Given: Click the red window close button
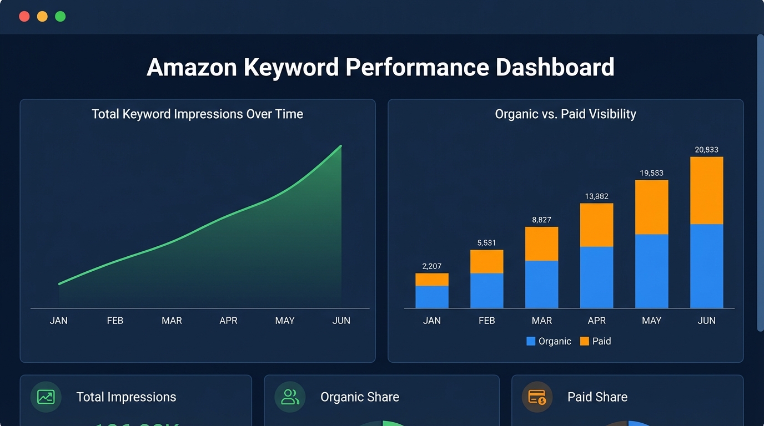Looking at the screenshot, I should tap(24, 17).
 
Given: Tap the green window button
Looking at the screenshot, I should tap(60, 17).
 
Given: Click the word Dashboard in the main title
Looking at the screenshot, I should tap(555, 67).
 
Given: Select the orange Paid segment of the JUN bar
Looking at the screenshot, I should tap(706, 190).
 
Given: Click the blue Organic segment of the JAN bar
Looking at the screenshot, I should tap(431, 297).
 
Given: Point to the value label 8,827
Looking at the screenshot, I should tap(541, 220).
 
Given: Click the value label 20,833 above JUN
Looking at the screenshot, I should tap(706, 150).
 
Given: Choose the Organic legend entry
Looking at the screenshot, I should tap(549, 341).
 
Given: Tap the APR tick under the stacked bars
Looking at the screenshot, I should tap(597, 321).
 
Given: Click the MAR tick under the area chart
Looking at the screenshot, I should tap(172, 321).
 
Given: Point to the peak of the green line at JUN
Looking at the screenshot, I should tap(340, 146).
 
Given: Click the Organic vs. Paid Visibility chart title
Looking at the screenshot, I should tap(565, 114).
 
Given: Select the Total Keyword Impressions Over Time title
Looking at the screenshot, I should tap(197, 114).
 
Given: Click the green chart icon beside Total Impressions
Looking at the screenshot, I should tap(46, 397).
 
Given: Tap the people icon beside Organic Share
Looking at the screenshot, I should tap(290, 397).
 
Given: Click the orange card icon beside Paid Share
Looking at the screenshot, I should tap(537, 397).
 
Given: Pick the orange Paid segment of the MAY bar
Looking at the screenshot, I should tap(651, 207).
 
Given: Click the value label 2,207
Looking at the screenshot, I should tap(431, 266).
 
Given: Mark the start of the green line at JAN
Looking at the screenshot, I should tap(59, 284).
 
